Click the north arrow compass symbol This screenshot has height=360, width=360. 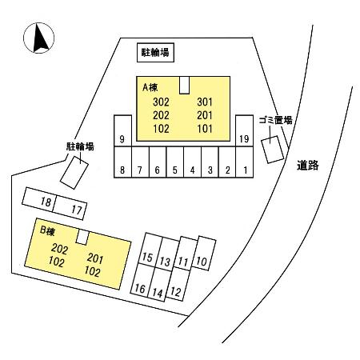[38, 38]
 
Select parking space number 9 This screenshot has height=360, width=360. [122, 130]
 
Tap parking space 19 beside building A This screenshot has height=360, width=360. [244, 130]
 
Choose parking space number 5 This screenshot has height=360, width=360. [175, 162]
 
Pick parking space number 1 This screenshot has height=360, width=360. [245, 162]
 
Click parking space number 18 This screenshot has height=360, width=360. [39, 200]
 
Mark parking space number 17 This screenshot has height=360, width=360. [70, 208]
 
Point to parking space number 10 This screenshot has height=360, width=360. [204, 254]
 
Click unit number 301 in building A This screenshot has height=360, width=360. [205, 102]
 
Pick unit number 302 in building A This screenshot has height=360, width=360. [161, 102]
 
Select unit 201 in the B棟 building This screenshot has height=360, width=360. [95, 258]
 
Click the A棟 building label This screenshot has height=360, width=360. [150, 87]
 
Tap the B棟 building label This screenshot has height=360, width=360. [47, 231]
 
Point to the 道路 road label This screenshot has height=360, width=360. [308, 166]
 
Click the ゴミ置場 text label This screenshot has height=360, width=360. [275, 120]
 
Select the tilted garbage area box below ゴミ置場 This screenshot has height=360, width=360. [272, 150]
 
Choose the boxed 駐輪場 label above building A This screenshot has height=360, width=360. [155, 53]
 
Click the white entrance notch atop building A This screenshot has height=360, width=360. [185, 85]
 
